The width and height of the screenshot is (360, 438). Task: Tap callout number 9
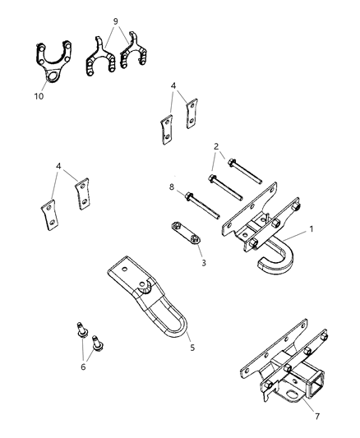115,20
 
